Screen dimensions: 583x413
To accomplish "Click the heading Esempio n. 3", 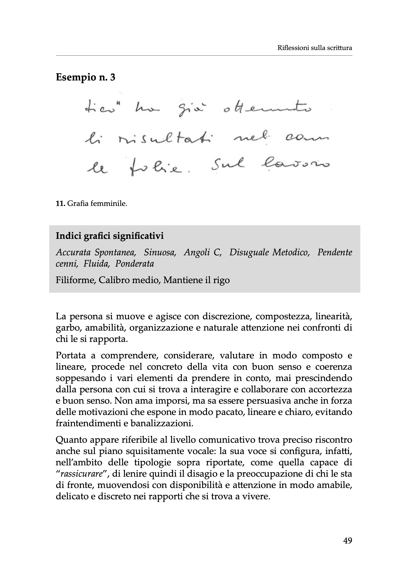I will click(85, 77).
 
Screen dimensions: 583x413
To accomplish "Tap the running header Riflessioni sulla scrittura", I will click(315, 48).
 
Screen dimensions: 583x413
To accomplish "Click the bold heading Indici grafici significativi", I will click(110, 236).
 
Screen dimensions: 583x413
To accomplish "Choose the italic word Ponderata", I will click(135, 264).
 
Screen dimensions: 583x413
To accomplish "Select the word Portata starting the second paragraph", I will click(70, 355).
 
